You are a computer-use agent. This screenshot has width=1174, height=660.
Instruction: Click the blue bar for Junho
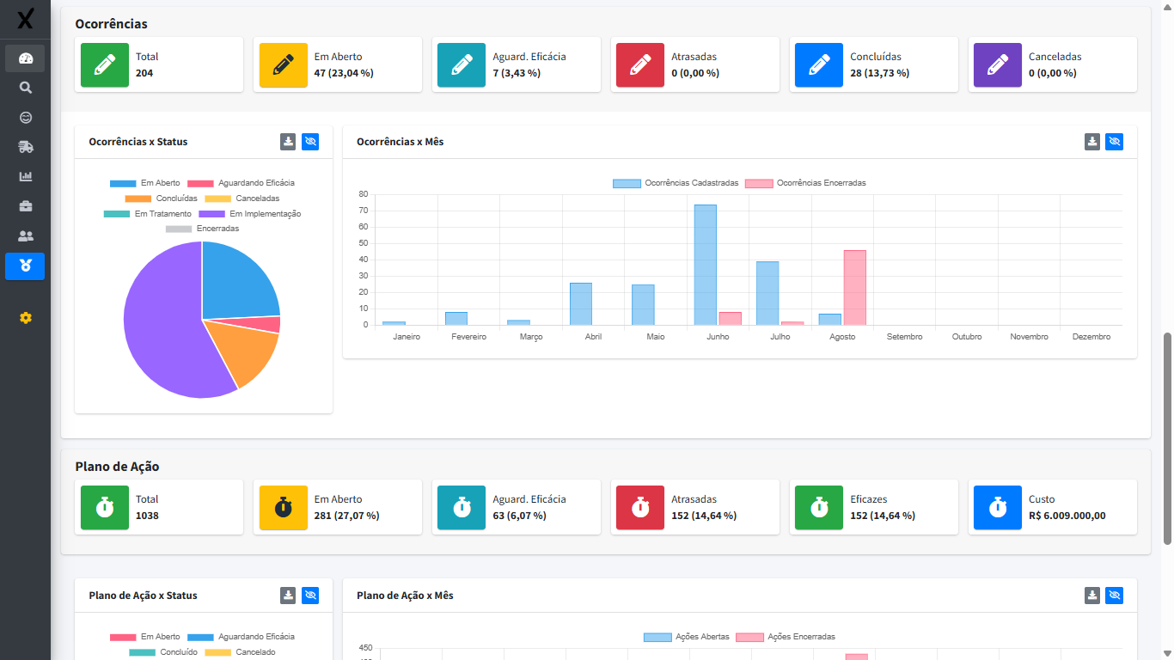pyautogui.click(x=705, y=265)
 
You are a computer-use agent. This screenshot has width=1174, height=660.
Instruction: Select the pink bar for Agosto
pyautogui.click(x=854, y=287)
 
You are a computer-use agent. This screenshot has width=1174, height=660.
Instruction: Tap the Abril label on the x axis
pyautogui.click(x=593, y=337)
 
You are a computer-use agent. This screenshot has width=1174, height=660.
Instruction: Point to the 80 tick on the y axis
pyautogui.click(x=364, y=194)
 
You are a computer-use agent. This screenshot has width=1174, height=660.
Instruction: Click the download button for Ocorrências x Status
pyautogui.click(x=288, y=142)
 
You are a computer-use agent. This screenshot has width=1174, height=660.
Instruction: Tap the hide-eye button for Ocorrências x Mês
pyautogui.click(x=1115, y=142)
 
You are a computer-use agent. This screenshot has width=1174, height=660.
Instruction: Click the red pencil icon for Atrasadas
pyautogui.click(x=640, y=65)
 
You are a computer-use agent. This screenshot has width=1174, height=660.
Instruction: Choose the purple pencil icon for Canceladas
pyautogui.click(x=998, y=65)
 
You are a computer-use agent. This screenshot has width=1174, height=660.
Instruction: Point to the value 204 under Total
pyautogui.click(x=144, y=73)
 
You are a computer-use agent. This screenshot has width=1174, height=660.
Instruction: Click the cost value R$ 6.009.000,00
pyautogui.click(x=1067, y=516)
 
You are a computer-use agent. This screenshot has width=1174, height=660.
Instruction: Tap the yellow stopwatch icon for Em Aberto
pyautogui.click(x=284, y=507)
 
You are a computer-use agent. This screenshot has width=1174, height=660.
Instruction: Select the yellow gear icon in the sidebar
pyautogui.click(x=25, y=318)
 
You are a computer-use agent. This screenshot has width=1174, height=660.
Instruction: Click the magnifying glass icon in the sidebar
pyautogui.click(x=25, y=88)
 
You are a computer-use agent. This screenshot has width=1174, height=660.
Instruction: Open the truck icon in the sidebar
pyautogui.click(x=25, y=147)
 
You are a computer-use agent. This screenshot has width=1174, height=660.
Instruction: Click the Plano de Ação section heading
pyautogui.click(x=117, y=467)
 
